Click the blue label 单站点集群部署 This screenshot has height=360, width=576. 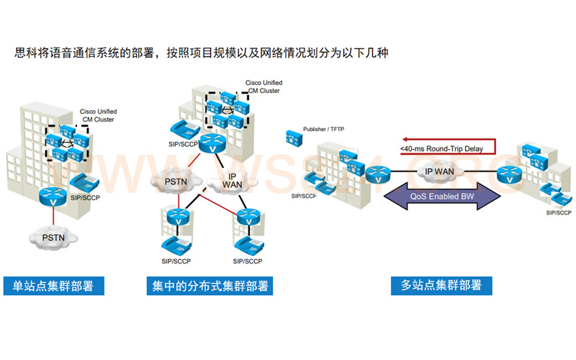[53, 286]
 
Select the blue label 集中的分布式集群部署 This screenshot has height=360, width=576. [210, 286]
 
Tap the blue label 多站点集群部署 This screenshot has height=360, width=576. [441, 285]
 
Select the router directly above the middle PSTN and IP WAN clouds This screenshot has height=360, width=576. [211, 143]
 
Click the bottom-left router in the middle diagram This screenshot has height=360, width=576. [175, 215]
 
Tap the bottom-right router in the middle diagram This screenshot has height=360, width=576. [246, 215]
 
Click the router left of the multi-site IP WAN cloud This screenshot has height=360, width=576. [376, 174]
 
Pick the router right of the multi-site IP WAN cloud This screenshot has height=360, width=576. [510, 174]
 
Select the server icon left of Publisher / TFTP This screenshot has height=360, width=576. [292, 135]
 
